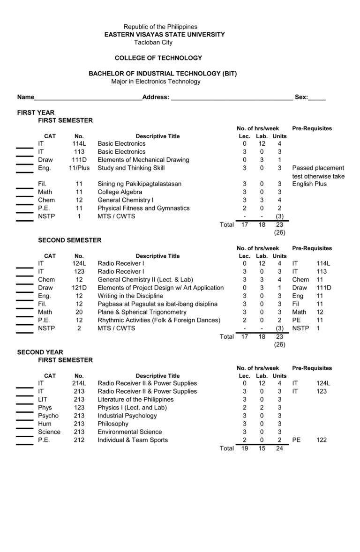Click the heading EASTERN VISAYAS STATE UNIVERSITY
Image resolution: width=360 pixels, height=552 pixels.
(x=165, y=35)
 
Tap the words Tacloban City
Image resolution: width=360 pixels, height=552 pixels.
(x=153, y=43)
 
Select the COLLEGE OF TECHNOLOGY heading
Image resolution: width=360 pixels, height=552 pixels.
(x=158, y=58)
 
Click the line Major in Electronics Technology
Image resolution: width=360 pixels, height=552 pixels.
(x=156, y=82)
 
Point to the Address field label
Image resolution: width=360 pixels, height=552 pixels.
(x=156, y=97)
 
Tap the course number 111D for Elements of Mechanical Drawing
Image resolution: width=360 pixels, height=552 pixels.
(x=79, y=160)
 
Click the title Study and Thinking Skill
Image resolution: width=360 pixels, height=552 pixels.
(x=131, y=168)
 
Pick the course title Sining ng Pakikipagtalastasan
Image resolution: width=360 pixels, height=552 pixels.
(x=139, y=184)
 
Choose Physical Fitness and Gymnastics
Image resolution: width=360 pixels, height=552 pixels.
(x=143, y=208)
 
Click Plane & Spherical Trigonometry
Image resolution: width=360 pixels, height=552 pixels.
(x=142, y=312)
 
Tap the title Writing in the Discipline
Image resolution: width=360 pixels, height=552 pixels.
(x=130, y=296)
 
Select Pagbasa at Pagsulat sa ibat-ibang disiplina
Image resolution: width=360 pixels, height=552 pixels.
(x=157, y=304)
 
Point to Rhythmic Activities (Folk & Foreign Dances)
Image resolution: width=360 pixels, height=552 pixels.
(x=158, y=320)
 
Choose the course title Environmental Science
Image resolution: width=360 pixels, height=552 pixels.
(x=129, y=432)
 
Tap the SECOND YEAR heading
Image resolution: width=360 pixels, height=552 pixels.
(x=40, y=352)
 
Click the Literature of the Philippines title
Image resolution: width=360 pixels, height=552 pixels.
(x=135, y=400)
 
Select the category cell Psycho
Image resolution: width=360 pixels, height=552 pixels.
(x=48, y=416)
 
